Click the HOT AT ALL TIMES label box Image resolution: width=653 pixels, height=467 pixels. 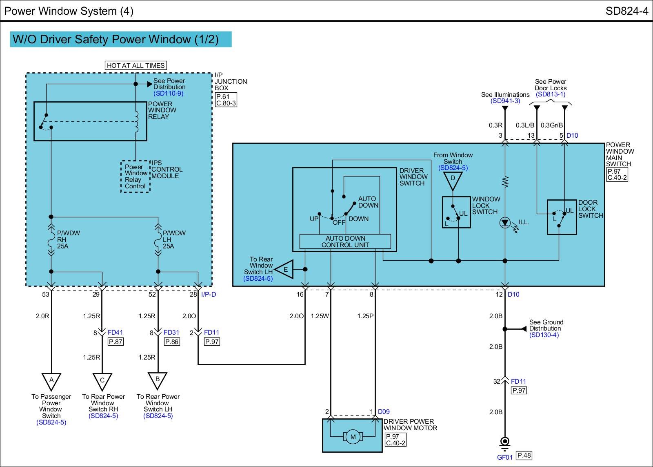coord(136,65)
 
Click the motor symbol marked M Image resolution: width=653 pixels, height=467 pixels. coord(353,437)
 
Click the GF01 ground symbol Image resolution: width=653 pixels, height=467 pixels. coord(504,444)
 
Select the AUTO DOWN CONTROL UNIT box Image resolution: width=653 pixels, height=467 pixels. coord(345,241)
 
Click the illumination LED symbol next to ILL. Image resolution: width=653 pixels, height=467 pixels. coord(505,223)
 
